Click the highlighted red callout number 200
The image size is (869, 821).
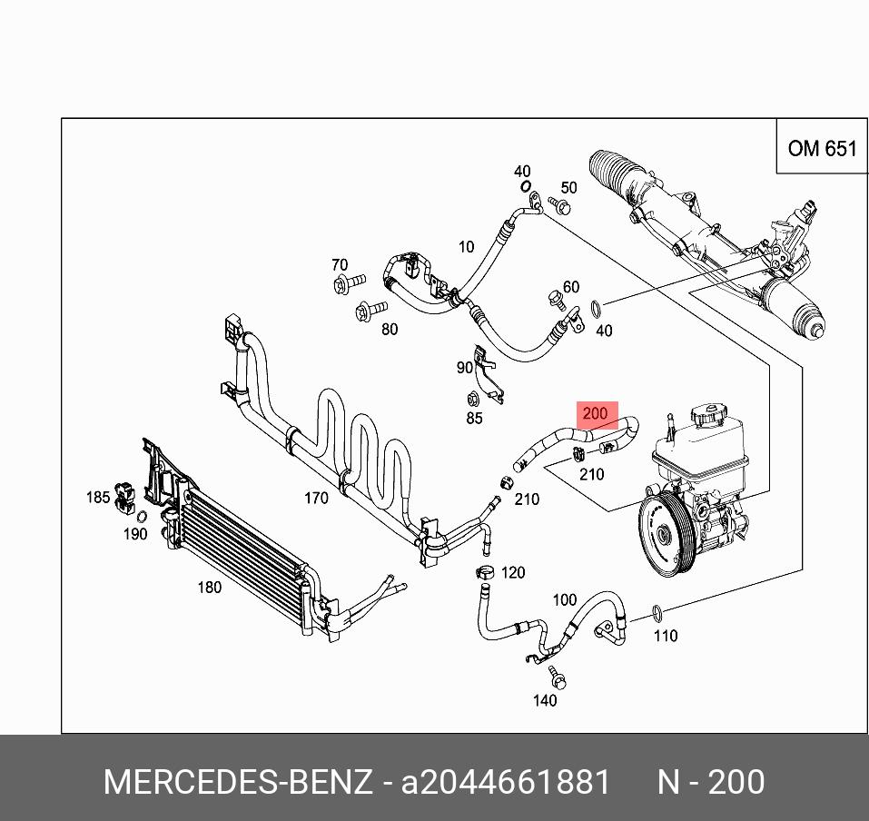595,414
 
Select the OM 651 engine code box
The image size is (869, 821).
822,148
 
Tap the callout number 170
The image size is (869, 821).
316,498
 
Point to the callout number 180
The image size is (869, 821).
210,588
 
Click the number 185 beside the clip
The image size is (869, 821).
98,497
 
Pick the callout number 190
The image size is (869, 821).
135,534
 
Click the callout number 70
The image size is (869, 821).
340,265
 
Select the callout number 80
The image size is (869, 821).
390,330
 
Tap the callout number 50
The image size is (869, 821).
568,188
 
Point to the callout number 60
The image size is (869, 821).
570,288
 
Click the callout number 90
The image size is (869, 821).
465,368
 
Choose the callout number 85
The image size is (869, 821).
474,419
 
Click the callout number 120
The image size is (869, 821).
513,573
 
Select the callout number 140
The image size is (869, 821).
544,700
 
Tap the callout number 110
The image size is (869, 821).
666,636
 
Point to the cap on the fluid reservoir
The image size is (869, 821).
707,419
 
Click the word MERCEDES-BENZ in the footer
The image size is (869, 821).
238,782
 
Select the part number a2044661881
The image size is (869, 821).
506,782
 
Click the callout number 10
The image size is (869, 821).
466,246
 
